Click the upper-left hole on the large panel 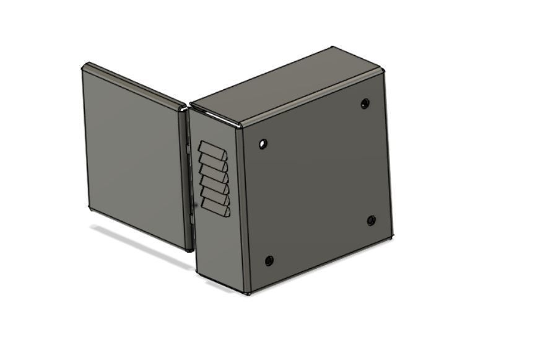[x=263, y=144]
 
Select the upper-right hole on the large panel [x=365, y=103]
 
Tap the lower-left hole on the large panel [x=269, y=260]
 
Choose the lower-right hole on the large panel [x=372, y=221]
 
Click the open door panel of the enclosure [x=133, y=155]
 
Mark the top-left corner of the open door [x=85, y=66]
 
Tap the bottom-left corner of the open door [x=90, y=207]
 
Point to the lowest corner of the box [x=248, y=292]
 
